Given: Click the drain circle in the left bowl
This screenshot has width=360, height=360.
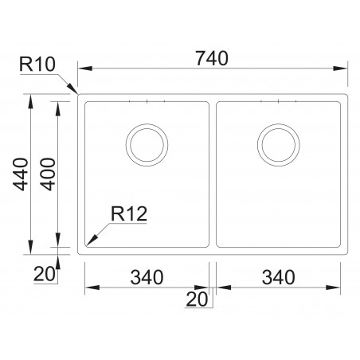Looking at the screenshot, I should [x=147, y=146].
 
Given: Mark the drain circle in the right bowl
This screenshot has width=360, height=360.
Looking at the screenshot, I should [x=279, y=146].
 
